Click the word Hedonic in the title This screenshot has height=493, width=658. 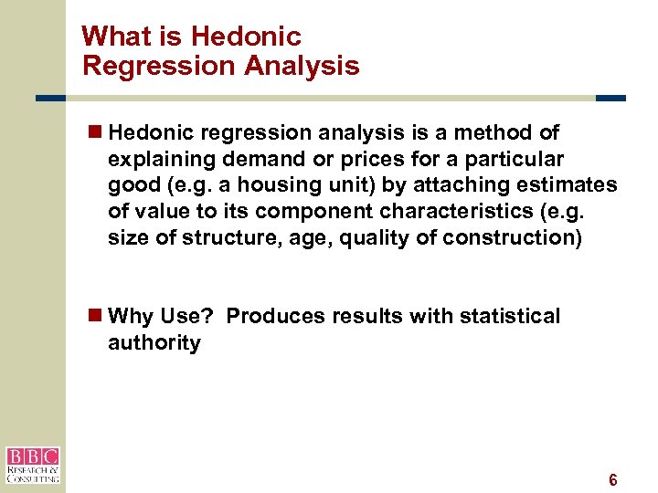[x=246, y=37]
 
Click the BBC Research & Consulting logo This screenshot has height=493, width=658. [x=32, y=465]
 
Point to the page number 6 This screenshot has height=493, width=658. [x=613, y=480]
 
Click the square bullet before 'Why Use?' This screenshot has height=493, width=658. [x=95, y=316]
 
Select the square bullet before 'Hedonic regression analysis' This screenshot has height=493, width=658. [x=95, y=132]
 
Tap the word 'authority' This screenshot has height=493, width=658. [x=154, y=343]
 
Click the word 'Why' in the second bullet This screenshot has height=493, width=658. [x=128, y=316]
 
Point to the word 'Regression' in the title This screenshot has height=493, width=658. [x=139, y=66]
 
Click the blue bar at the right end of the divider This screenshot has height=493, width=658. [x=610, y=99]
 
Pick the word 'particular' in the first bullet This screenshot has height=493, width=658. [x=515, y=159]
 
